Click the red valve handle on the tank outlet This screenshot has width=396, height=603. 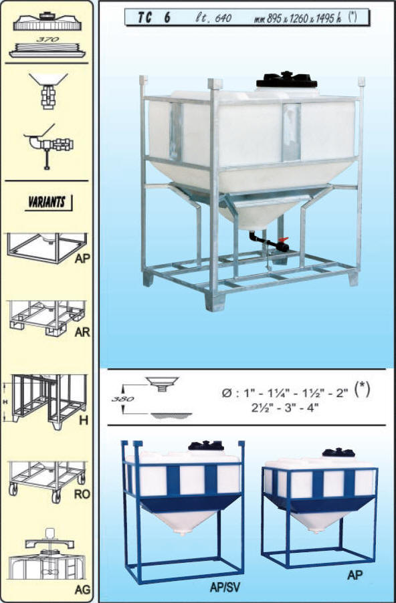click(x=284, y=239)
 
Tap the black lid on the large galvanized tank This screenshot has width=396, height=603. click(x=287, y=80)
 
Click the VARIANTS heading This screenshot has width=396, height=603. click(x=47, y=202)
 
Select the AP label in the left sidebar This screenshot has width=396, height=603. click(x=82, y=259)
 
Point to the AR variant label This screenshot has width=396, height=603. click(x=82, y=332)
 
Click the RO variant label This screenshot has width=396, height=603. click(x=82, y=494)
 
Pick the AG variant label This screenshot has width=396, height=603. click(x=82, y=589)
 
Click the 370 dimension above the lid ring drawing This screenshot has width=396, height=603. click(x=48, y=39)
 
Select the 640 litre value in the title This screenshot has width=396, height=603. click(x=223, y=18)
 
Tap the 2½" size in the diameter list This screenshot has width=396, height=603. click(x=260, y=408)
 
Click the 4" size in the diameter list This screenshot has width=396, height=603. click(x=313, y=408)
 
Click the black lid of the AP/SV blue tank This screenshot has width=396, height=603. click(x=206, y=445)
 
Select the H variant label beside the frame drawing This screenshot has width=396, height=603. click(x=84, y=420)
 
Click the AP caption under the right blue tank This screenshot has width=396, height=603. click(x=355, y=575)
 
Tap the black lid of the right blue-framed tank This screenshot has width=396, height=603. click(x=338, y=452)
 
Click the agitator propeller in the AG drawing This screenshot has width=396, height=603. click(x=47, y=573)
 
